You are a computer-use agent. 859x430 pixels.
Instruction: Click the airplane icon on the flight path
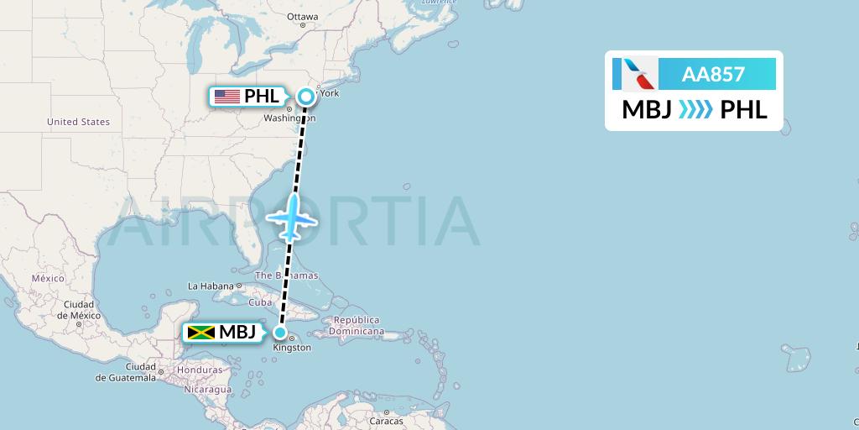click(291, 217)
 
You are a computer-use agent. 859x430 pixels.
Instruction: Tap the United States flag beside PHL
click(226, 97)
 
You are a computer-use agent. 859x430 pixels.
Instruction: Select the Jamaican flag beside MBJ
click(201, 333)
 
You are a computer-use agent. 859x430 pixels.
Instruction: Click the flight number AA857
click(713, 74)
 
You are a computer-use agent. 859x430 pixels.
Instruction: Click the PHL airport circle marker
click(306, 97)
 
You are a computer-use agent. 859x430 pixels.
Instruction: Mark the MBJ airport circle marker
click(279, 332)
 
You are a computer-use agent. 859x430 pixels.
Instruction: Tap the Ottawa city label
click(302, 17)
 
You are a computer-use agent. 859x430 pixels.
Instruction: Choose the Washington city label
click(283, 119)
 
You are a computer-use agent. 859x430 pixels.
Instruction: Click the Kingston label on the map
click(293, 348)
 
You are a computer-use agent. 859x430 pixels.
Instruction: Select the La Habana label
click(210, 286)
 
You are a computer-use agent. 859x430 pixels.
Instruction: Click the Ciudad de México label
click(74, 310)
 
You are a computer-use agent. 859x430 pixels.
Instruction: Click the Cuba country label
click(261, 302)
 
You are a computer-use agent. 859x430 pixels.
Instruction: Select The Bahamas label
click(286, 275)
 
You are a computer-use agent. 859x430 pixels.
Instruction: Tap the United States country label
click(78, 122)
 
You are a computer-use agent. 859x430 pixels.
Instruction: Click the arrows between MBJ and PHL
click(695, 110)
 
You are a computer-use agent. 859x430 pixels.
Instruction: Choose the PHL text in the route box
click(744, 110)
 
